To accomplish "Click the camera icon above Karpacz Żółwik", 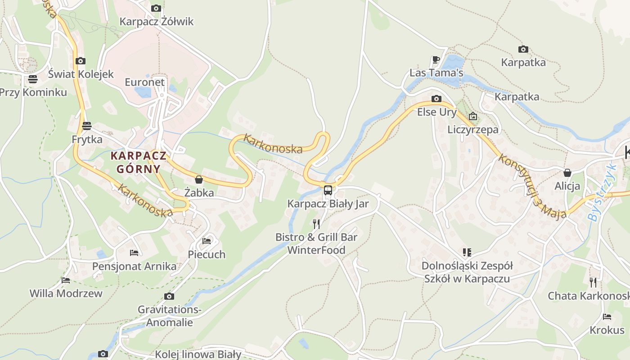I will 156,8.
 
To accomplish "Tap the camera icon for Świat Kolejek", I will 81,61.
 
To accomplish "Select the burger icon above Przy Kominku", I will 32,79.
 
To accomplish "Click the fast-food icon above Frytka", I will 87,126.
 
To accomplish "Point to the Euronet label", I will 145,82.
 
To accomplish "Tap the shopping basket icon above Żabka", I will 199,180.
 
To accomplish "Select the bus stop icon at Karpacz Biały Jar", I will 328,190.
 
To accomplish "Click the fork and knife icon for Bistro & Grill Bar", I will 316,224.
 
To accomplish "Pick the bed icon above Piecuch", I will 207,241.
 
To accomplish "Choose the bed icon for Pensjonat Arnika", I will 134,253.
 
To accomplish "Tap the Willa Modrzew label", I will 66,293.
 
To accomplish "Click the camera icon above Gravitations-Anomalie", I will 169,296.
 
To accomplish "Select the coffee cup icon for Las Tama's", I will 436,59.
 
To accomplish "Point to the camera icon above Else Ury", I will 436,99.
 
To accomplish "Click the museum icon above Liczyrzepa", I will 472,116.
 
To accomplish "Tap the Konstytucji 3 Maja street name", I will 532,187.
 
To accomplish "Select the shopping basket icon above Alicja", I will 567,173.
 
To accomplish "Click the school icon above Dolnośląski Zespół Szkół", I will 467,252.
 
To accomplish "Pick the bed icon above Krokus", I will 607,317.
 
